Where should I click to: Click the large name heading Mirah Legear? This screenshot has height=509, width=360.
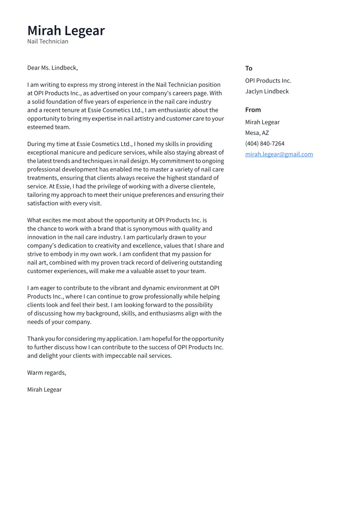pyautogui.click(x=66, y=31)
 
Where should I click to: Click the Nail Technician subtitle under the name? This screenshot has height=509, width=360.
pyautogui.click(x=48, y=41)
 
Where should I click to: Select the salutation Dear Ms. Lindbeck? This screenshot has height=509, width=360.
pyautogui.click(x=52, y=68)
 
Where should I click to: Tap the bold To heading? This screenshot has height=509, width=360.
pyautogui.click(x=248, y=68)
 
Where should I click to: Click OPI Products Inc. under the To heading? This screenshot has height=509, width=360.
pyautogui.click(x=268, y=81)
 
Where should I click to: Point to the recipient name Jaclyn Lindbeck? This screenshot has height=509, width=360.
pyautogui.click(x=267, y=91)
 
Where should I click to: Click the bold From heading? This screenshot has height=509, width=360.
pyautogui.click(x=253, y=110)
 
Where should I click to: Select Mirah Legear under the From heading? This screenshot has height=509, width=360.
pyautogui.click(x=262, y=122)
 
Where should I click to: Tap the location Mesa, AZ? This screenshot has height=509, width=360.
pyautogui.click(x=257, y=133)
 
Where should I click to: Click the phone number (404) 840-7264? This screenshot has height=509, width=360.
pyautogui.click(x=264, y=143)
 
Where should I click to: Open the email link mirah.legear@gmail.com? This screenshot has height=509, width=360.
pyautogui.click(x=279, y=154)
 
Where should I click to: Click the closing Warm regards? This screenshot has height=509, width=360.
pyautogui.click(x=47, y=372)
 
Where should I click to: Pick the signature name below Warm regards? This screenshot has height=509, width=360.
pyautogui.click(x=44, y=390)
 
